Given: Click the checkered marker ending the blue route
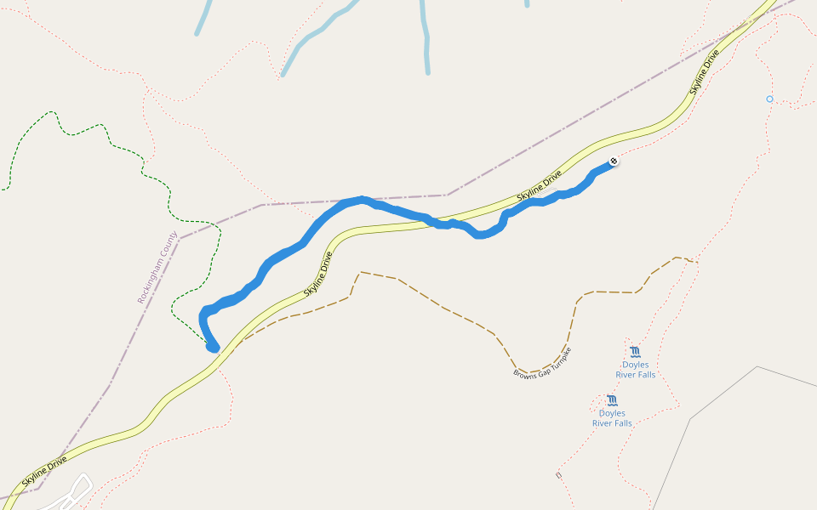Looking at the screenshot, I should (x=614, y=161).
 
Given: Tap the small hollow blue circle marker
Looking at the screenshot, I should (x=769, y=99).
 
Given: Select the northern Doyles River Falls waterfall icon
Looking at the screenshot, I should (x=635, y=351).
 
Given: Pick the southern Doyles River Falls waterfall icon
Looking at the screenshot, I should (x=612, y=399).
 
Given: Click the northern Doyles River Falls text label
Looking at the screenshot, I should (x=636, y=370).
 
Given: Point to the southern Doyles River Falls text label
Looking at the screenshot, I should (x=612, y=418).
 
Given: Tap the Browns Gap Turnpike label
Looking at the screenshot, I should (x=542, y=363).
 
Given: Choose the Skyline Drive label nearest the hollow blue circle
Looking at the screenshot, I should (x=705, y=71).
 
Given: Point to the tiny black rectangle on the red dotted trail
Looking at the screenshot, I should (x=558, y=475).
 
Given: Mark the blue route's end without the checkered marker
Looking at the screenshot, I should (x=213, y=347).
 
